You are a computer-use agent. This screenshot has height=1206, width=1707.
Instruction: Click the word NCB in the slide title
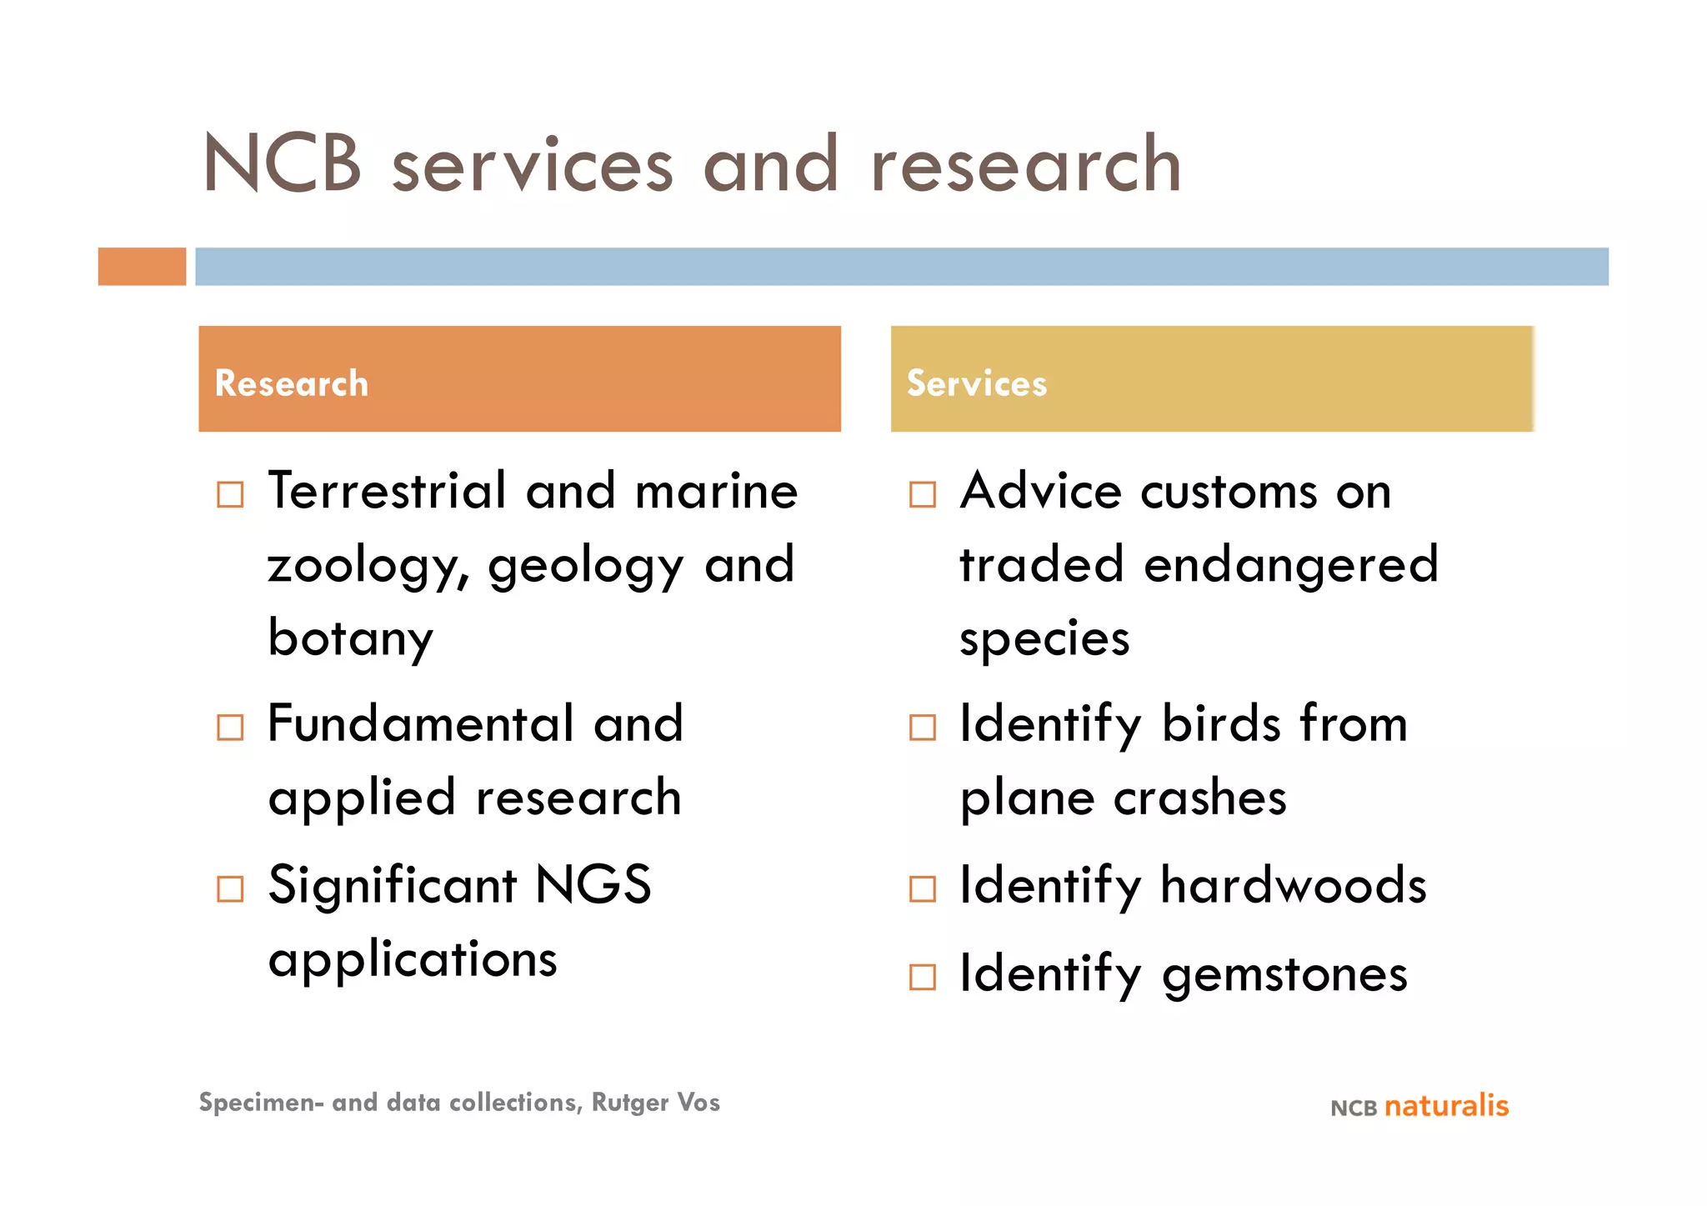coord(283,164)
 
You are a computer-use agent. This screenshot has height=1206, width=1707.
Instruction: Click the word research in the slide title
coord(1025,164)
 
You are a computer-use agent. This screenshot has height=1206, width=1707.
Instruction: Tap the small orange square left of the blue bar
coord(142,267)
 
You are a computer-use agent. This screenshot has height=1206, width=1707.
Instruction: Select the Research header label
coord(291,383)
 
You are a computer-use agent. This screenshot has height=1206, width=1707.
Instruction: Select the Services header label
coord(976,383)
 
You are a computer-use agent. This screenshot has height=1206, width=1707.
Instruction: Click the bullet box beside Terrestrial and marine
coord(230,494)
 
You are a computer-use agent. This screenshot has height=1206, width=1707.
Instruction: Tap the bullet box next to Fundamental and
coord(230,727)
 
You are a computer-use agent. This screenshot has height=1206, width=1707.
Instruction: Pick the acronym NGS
coord(593,885)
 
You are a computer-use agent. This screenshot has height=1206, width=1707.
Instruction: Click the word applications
coord(413,960)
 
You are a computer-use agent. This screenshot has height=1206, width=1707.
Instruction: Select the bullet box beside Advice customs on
coord(922,494)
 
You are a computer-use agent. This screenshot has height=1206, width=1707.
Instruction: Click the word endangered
coord(1291,567)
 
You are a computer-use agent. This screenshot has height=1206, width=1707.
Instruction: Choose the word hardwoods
coord(1294,885)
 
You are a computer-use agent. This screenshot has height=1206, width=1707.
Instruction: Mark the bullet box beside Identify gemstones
coord(922,977)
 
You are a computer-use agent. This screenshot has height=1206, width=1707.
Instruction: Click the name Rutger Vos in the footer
coord(655,1103)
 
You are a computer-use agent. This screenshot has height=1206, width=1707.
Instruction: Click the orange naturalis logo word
coord(1446,1106)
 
